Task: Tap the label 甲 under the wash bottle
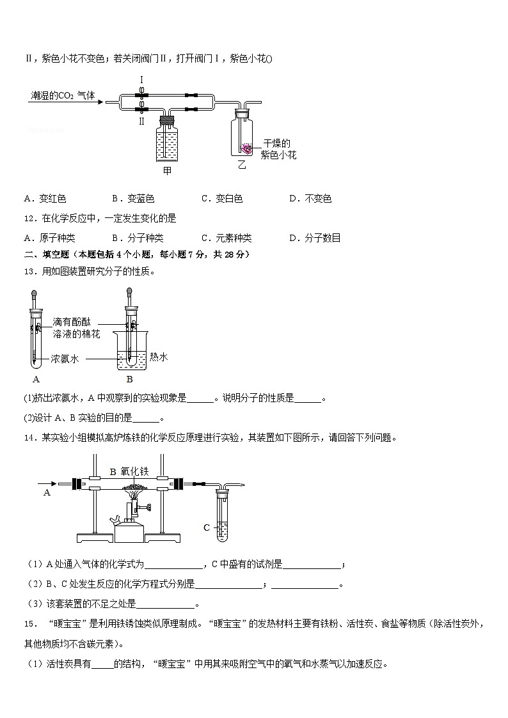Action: click(167, 171)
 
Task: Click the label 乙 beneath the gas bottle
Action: click(241, 166)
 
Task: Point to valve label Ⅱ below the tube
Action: click(141, 120)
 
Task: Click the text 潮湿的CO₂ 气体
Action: click(63, 96)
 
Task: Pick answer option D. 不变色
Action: click(310, 199)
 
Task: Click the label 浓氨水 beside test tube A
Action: click(65, 359)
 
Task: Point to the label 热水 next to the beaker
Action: click(159, 357)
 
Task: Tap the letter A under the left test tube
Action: click(36, 379)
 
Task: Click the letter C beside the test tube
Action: click(207, 527)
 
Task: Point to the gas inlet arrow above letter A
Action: click(48, 483)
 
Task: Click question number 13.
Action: click(30, 272)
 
